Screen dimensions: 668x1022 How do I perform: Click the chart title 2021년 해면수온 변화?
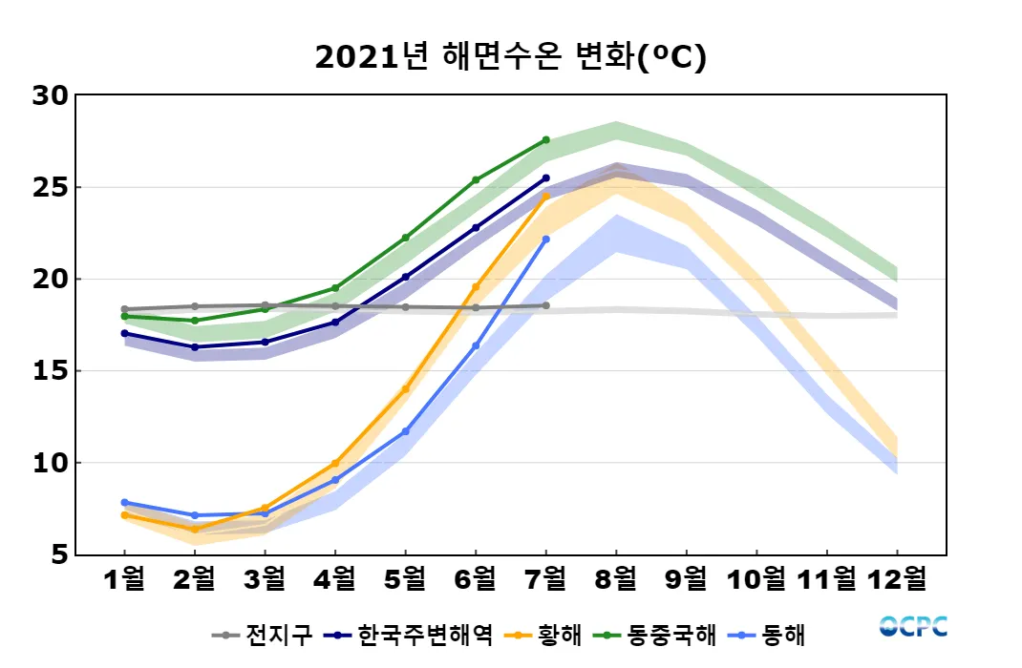[x=510, y=58]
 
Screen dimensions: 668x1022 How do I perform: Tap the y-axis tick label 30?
[x=50, y=95]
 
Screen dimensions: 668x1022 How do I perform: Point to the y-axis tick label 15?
[x=50, y=371]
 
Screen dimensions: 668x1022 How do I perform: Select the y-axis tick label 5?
[x=58, y=554]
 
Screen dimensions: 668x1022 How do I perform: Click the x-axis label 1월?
[x=124, y=579]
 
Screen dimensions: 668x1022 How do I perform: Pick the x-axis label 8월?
[x=616, y=579]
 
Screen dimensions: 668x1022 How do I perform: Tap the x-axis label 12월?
[x=897, y=579]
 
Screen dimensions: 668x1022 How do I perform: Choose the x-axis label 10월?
[x=756, y=579]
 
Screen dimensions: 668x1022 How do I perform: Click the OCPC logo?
[x=913, y=627]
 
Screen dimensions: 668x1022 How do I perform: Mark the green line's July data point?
[x=545, y=140]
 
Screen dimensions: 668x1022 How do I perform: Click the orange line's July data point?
[x=545, y=197]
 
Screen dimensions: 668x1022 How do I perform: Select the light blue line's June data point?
[x=476, y=345]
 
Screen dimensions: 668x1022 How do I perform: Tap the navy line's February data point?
[x=195, y=347]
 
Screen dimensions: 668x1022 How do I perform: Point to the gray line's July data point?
[x=545, y=305]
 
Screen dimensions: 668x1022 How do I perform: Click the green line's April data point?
[x=335, y=288]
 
